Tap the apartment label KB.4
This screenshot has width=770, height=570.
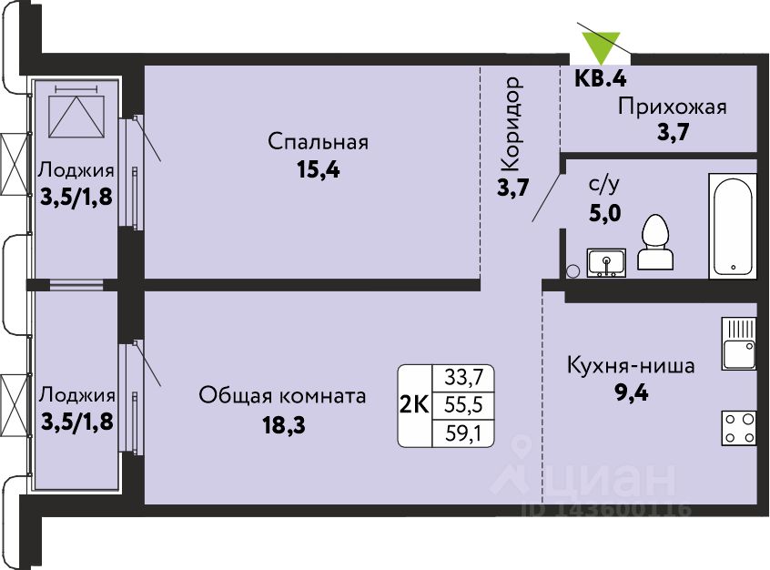point(601,78)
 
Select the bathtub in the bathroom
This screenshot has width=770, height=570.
point(733,226)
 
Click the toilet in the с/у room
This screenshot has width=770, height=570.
point(655,241)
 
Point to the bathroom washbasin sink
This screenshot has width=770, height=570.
point(606,262)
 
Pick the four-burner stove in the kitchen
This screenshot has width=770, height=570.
point(739,428)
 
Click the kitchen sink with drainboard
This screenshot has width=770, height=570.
point(739,343)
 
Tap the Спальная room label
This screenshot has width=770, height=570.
point(319,142)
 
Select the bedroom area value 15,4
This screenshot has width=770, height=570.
point(319,170)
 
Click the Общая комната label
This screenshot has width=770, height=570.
point(282,395)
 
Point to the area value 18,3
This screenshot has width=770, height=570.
point(284,424)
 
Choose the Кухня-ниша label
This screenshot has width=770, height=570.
point(631,366)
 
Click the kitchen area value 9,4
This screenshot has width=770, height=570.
point(632,393)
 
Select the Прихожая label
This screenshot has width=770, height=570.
point(673,107)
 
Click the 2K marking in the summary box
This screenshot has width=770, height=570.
point(414,405)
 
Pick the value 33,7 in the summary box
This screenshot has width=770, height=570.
point(463,378)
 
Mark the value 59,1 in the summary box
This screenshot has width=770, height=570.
point(463,433)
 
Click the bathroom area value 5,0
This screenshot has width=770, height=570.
point(604,213)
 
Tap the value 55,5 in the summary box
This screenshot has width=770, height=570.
point(463,405)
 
